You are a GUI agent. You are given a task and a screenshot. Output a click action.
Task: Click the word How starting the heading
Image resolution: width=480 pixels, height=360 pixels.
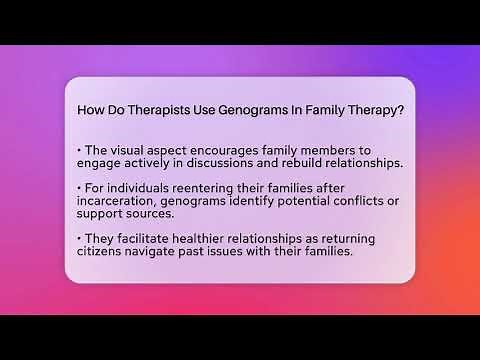pos(91,110)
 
